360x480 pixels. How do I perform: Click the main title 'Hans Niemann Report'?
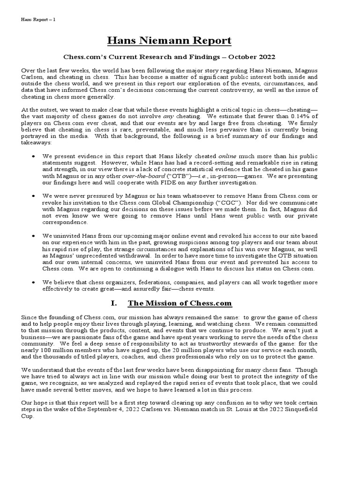[x=169, y=41]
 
